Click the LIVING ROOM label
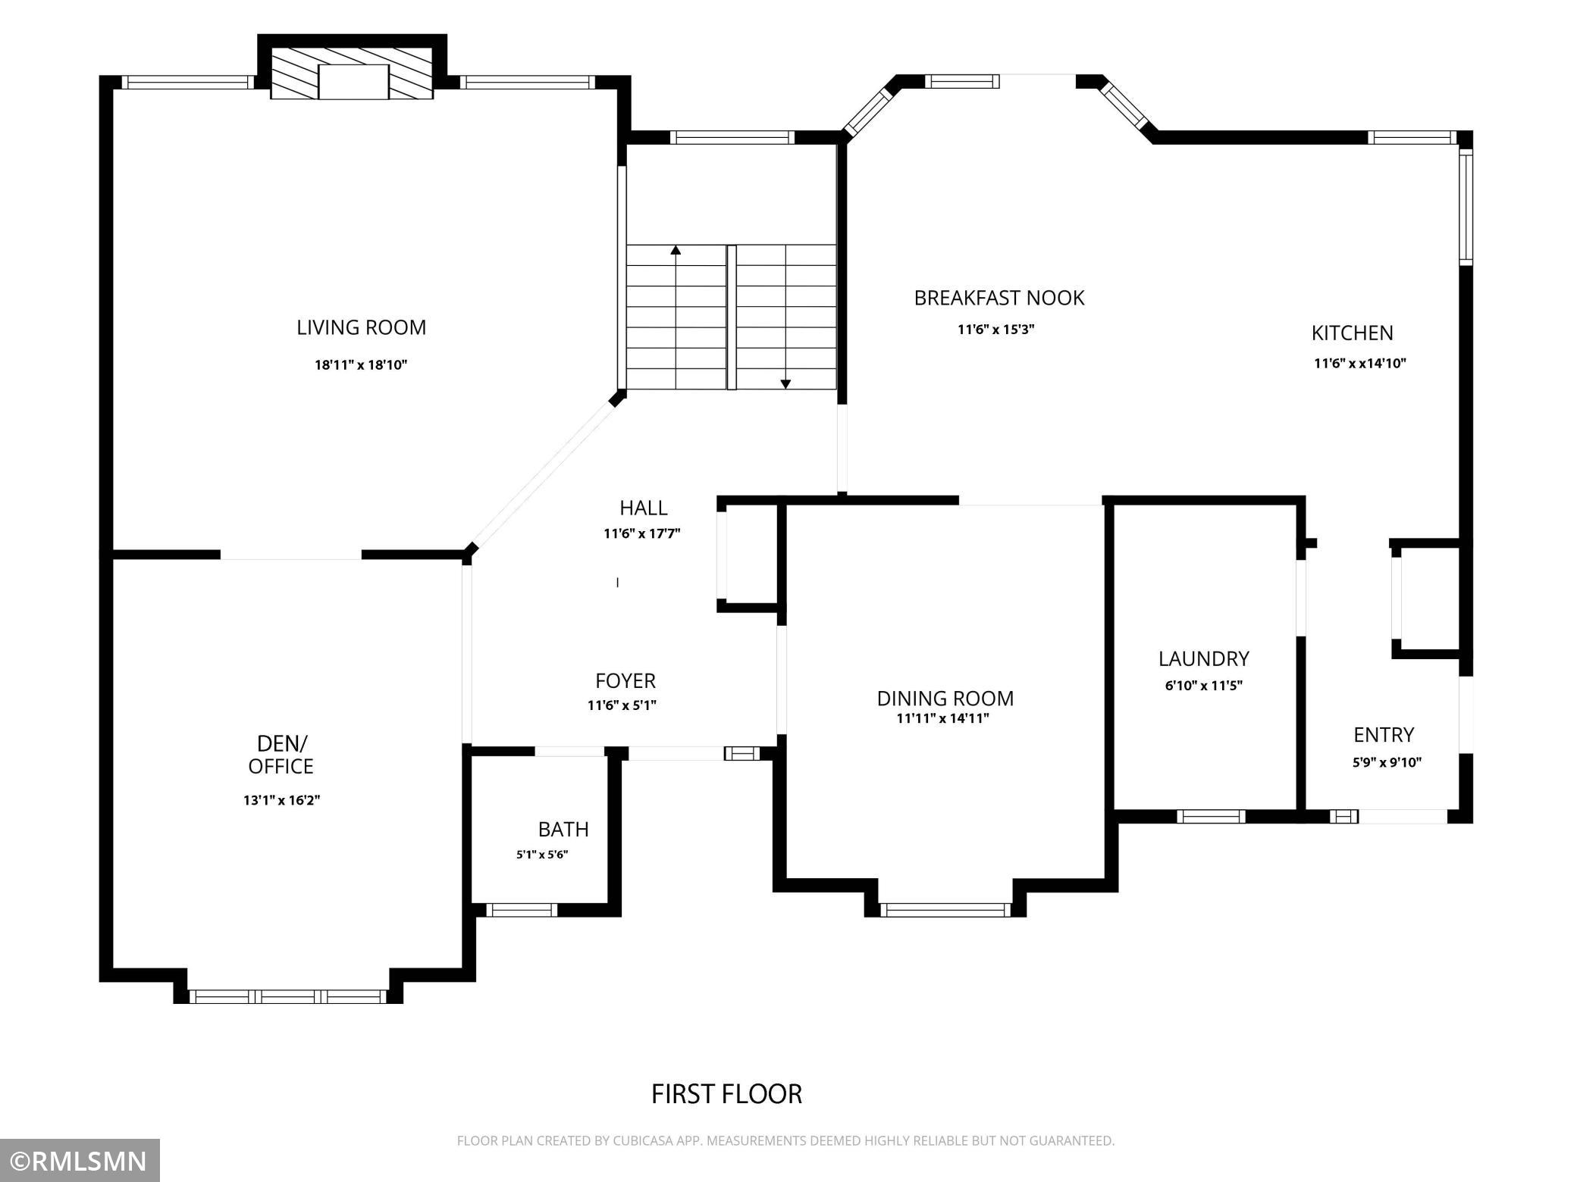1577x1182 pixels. (361, 327)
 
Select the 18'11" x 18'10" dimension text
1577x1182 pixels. (361, 364)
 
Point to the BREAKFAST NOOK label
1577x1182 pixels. (999, 298)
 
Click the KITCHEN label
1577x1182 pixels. (1353, 333)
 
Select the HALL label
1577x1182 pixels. (644, 508)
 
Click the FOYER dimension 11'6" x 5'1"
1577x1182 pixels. (622, 705)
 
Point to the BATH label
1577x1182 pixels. (563, 829)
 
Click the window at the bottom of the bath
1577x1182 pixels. (522, 910)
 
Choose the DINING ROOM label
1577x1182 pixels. (945, 698)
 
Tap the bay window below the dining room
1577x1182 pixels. (945, 910)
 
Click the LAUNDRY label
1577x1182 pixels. (1204, 658)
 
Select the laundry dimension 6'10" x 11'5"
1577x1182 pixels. (1204, 686)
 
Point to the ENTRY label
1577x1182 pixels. (1384, 735)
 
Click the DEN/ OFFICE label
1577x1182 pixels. (281, 755)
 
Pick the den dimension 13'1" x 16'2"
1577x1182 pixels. (281, 800)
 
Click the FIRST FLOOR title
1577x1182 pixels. (727, 1094)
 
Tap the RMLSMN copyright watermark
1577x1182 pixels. (80, 1161)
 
